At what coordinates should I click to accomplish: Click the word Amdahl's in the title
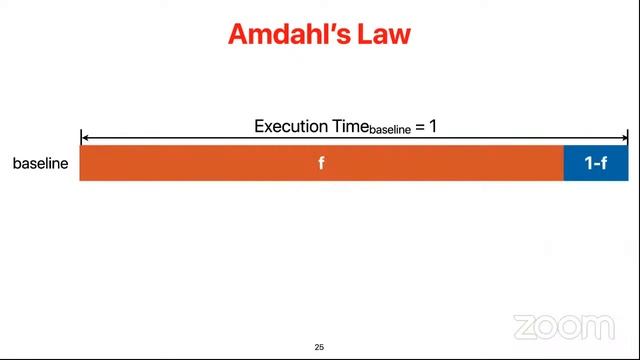click(285, 34)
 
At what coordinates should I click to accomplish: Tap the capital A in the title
click(239, 34)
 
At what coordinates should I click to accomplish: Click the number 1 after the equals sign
click(433, 127)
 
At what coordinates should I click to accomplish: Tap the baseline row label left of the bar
click(41, 163)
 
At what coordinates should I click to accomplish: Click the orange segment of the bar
click(200, 163)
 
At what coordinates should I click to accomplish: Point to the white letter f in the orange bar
click(321, 163)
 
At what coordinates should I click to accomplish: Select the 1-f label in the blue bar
click(596, 163)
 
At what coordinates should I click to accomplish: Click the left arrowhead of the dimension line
click(85, 138)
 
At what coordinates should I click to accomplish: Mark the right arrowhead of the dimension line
click(623, 138)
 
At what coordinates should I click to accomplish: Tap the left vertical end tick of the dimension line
click(81, 138)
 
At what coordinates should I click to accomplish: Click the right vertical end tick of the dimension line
click(627, 138)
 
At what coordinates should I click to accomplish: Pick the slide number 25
click(319, 347)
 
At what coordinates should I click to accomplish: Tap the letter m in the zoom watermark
click(599, 326)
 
